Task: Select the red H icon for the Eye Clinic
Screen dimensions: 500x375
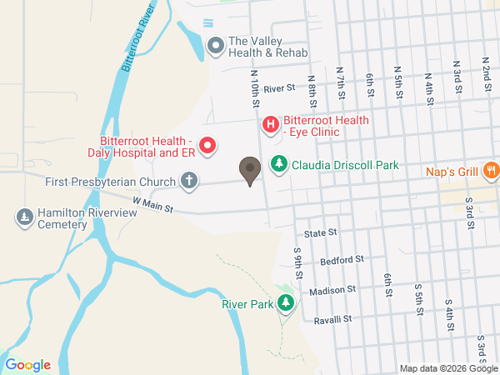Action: [x=271, y=126]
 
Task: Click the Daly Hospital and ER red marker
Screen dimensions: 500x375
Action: [x=207, y=146]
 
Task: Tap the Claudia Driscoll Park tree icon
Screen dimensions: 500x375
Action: [x=278, y=165]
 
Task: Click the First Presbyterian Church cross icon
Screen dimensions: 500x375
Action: [x=189, y=180]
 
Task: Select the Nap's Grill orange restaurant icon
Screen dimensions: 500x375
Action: [x=491, y=171]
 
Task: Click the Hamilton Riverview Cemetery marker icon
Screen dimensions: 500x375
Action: [x=24, y=217]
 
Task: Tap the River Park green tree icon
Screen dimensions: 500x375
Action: [x=287, y=303]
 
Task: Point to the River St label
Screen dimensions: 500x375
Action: [x=279, y=87]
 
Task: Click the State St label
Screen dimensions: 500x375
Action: [x=320, y=233]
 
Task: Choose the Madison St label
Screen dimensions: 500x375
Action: [x=332, y=290]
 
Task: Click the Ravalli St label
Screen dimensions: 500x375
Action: [x=333, y=318]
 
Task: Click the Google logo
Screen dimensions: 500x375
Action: [x=27, y=364]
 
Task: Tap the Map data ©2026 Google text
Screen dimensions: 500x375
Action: [x=447, y=368]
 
